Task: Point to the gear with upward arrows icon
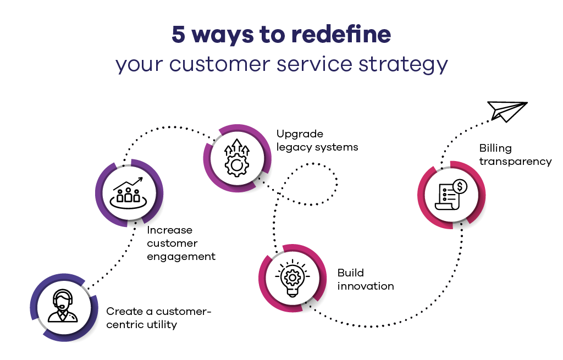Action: [237, 157]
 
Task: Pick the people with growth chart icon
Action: [129, 190]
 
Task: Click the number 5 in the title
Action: [178, 35]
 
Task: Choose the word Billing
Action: [495, 148]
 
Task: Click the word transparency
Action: [515, 162]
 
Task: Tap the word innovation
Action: [366, 286]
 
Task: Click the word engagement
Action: [181, 257]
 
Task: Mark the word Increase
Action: [170, 230]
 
